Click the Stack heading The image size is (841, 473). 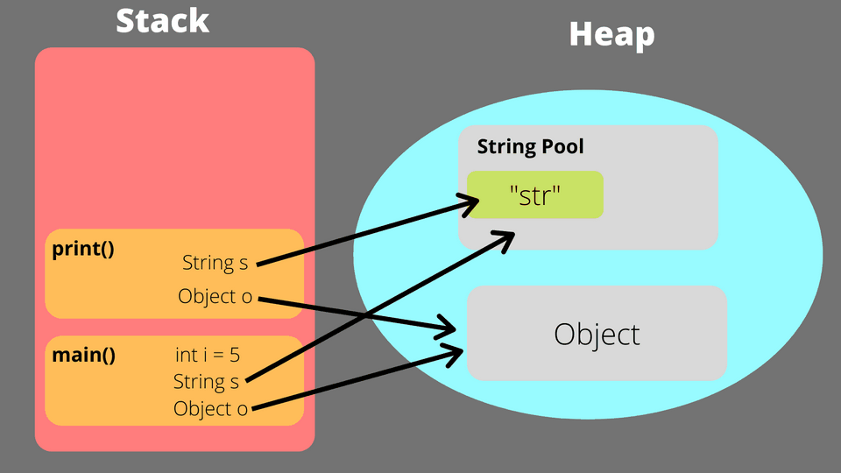coord(163,20)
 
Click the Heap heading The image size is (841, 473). coord(611,34)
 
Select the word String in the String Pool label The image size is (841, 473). coord(503,147)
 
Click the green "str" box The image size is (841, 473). coord(534,194)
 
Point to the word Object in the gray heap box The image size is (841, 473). coord(597,334)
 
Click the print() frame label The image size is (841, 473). coord(83,248)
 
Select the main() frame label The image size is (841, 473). coord(83,355)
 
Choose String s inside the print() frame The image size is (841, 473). coord(215,262)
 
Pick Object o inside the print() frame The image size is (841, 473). coord(215,296)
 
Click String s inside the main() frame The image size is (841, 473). coord(206,381)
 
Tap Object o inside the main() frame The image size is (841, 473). coord(210,408)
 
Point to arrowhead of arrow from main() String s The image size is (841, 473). coord(506,237)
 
